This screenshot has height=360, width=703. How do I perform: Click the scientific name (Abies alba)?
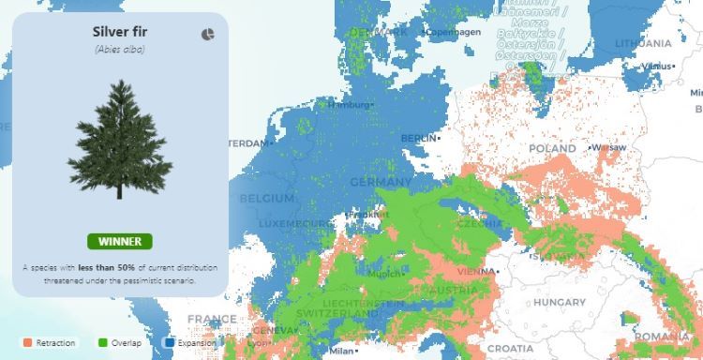tap(119, 49)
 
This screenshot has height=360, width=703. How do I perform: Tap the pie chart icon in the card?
tap(208, 34)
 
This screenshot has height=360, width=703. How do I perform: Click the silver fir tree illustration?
tap(120, 141)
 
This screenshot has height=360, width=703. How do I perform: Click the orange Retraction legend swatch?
tap(27, 343)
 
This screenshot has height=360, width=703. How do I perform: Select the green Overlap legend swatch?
tap(102, 343)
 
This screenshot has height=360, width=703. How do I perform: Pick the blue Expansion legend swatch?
tap(171, 343)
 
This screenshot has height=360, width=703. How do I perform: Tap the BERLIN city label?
tap(418, 138)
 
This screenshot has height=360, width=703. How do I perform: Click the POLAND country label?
tap(552, 149)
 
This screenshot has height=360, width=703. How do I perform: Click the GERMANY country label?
tap(380, 182)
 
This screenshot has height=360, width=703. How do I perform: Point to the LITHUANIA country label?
tap(644, 43)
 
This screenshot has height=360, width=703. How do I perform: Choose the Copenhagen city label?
tap(454, 32)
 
